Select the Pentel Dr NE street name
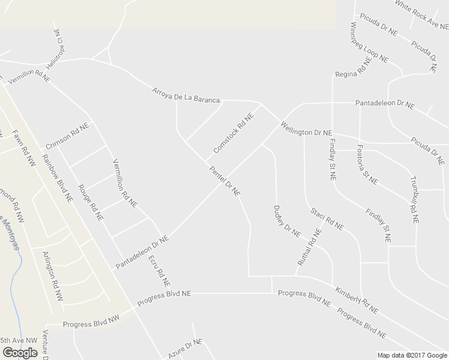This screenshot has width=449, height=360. tap(224, 181)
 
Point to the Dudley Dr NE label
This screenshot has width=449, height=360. tap(286, 221)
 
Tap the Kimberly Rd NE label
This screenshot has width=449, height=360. tap(357, 300)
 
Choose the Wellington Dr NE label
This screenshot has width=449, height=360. tap(306, 128)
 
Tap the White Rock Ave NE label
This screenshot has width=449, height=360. tap(421, 14)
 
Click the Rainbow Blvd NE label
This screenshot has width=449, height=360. tap(57, 178)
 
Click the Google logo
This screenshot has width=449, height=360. tap(20, 353)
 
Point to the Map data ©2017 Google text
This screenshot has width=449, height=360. tap(412, 355)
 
